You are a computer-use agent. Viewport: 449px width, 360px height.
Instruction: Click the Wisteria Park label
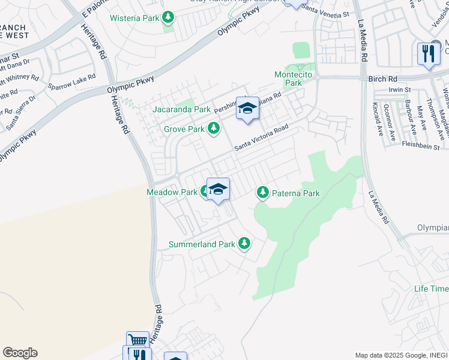pyautogui.click(x=134, y=18)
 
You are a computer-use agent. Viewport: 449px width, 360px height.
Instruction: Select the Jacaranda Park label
pyautogui.click(x=181, y=110)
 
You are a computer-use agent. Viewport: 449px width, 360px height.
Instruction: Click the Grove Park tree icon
pyautogui.click(x=213, y=128)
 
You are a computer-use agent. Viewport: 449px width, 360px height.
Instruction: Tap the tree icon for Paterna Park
pyautogui.click(x=262, y=193)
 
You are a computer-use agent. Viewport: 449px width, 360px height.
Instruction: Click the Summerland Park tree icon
pyautogui.click(x=244, y=244)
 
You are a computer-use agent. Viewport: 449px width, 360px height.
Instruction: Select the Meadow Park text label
pyautogui.click(x=172, y=193)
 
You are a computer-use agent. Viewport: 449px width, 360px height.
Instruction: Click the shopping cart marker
pyautogui.click(x=137, y=341)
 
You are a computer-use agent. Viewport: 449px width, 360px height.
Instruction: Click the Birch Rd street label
pyautogui.click(x=384, y=79)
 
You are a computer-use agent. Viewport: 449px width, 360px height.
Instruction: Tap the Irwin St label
pyautogui.click(x=399, y=90)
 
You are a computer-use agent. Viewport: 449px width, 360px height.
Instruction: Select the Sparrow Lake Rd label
pyautogui.click(x=71, y=82)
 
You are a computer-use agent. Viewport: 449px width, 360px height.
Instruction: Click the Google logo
pyautogui.click(x=20, y=353)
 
